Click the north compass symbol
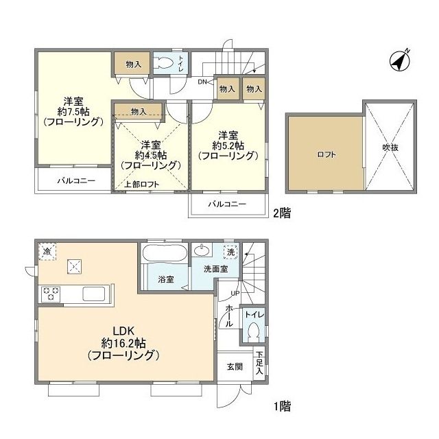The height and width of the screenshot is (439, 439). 400,60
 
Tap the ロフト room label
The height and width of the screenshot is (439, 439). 327,154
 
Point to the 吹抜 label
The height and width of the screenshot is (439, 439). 390,147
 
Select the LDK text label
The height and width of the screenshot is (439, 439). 123,331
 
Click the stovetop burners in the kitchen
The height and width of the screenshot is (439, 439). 51,294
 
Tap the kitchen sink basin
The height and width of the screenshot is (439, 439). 94,294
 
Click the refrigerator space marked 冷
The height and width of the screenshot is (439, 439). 47,252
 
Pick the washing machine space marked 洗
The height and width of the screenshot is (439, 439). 230,252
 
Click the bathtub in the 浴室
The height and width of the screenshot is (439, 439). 165,253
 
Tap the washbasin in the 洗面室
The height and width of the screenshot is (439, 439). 202,250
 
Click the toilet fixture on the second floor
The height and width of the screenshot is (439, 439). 164,62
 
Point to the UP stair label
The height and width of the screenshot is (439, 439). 235,293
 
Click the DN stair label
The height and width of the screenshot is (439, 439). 202,82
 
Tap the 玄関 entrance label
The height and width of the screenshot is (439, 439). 235,366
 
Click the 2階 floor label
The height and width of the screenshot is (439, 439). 282,213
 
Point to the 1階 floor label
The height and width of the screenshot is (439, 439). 282,406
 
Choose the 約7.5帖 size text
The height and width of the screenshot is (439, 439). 73,112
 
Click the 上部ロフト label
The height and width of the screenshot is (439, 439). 142,185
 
